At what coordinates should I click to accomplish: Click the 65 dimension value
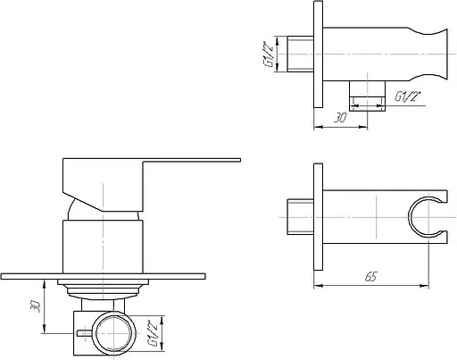click(x=370, y=277)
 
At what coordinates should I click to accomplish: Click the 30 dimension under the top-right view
click(x=340, y=118)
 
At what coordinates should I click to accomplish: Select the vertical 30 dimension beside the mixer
click(x=35, y=306)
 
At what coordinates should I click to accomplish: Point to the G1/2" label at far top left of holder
click(x=268, y=54)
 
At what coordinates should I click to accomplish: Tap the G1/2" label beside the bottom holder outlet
click(x=408, y=96)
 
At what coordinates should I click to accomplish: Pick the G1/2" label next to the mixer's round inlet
click(x=153, y=333)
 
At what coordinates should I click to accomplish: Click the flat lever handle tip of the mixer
click(x=238, y=160)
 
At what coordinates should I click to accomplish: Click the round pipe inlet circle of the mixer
click(x=113, y=333)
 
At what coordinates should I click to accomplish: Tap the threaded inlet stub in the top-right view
click(x=301, y=54)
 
